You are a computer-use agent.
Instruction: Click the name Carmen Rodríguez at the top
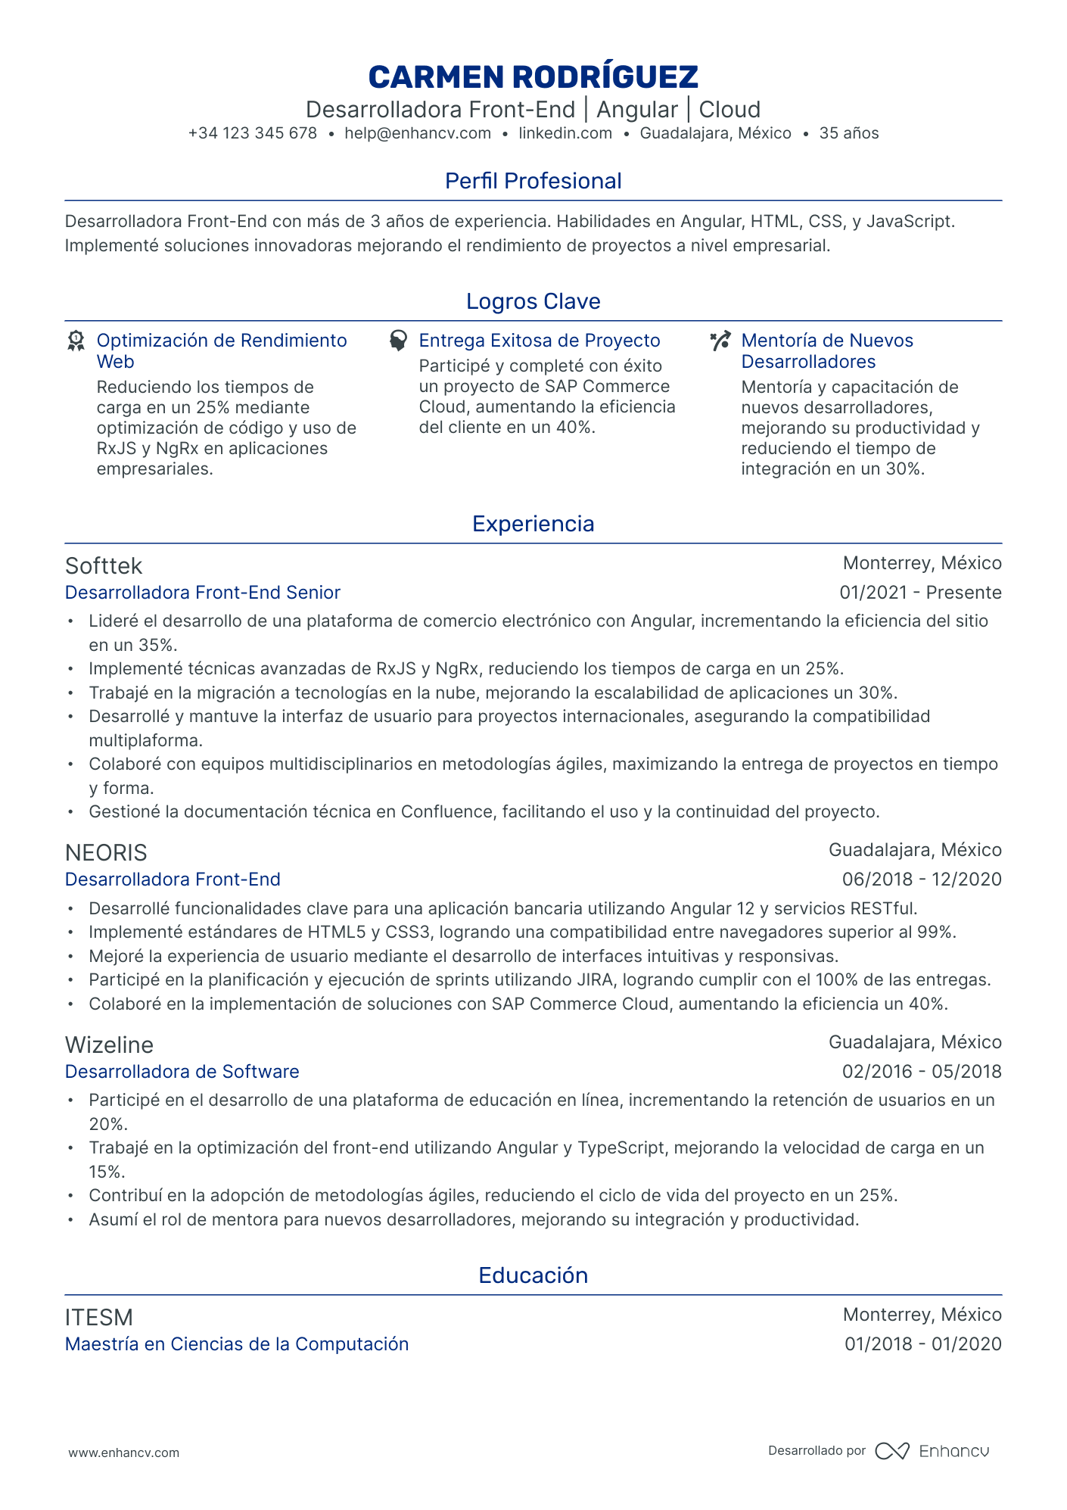pos(533,77)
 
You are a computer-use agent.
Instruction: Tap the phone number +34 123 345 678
pos(252,134)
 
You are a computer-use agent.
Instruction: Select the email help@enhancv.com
pos(418,134)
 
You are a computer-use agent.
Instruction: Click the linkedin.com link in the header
pos(565,134)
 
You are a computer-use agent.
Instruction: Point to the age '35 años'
pos(849,134)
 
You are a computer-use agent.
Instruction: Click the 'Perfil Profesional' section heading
pos(533,181)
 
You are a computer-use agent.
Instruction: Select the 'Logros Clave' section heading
pos(533,301)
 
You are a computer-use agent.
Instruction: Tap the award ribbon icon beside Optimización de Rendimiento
pos(76,341)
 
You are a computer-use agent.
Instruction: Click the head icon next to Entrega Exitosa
pos(398,341)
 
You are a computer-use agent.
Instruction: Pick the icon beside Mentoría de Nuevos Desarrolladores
pos(720,341)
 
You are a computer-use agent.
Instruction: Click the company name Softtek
pos(104,566)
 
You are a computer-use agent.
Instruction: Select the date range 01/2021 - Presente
pos(920,593)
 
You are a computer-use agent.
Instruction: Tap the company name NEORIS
pos(106,853)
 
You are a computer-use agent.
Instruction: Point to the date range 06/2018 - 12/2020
pos(922,880)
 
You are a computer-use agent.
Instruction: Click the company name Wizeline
pos(109,1045)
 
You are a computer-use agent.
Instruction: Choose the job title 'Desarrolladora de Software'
pos(182,1072)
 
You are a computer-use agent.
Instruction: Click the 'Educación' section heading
pos(533,1275)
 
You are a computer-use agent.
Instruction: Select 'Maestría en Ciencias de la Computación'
pos(236,1344)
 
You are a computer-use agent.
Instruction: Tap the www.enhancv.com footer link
pos(124,1452)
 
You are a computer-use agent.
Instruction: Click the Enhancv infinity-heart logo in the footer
pos(892,1451)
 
